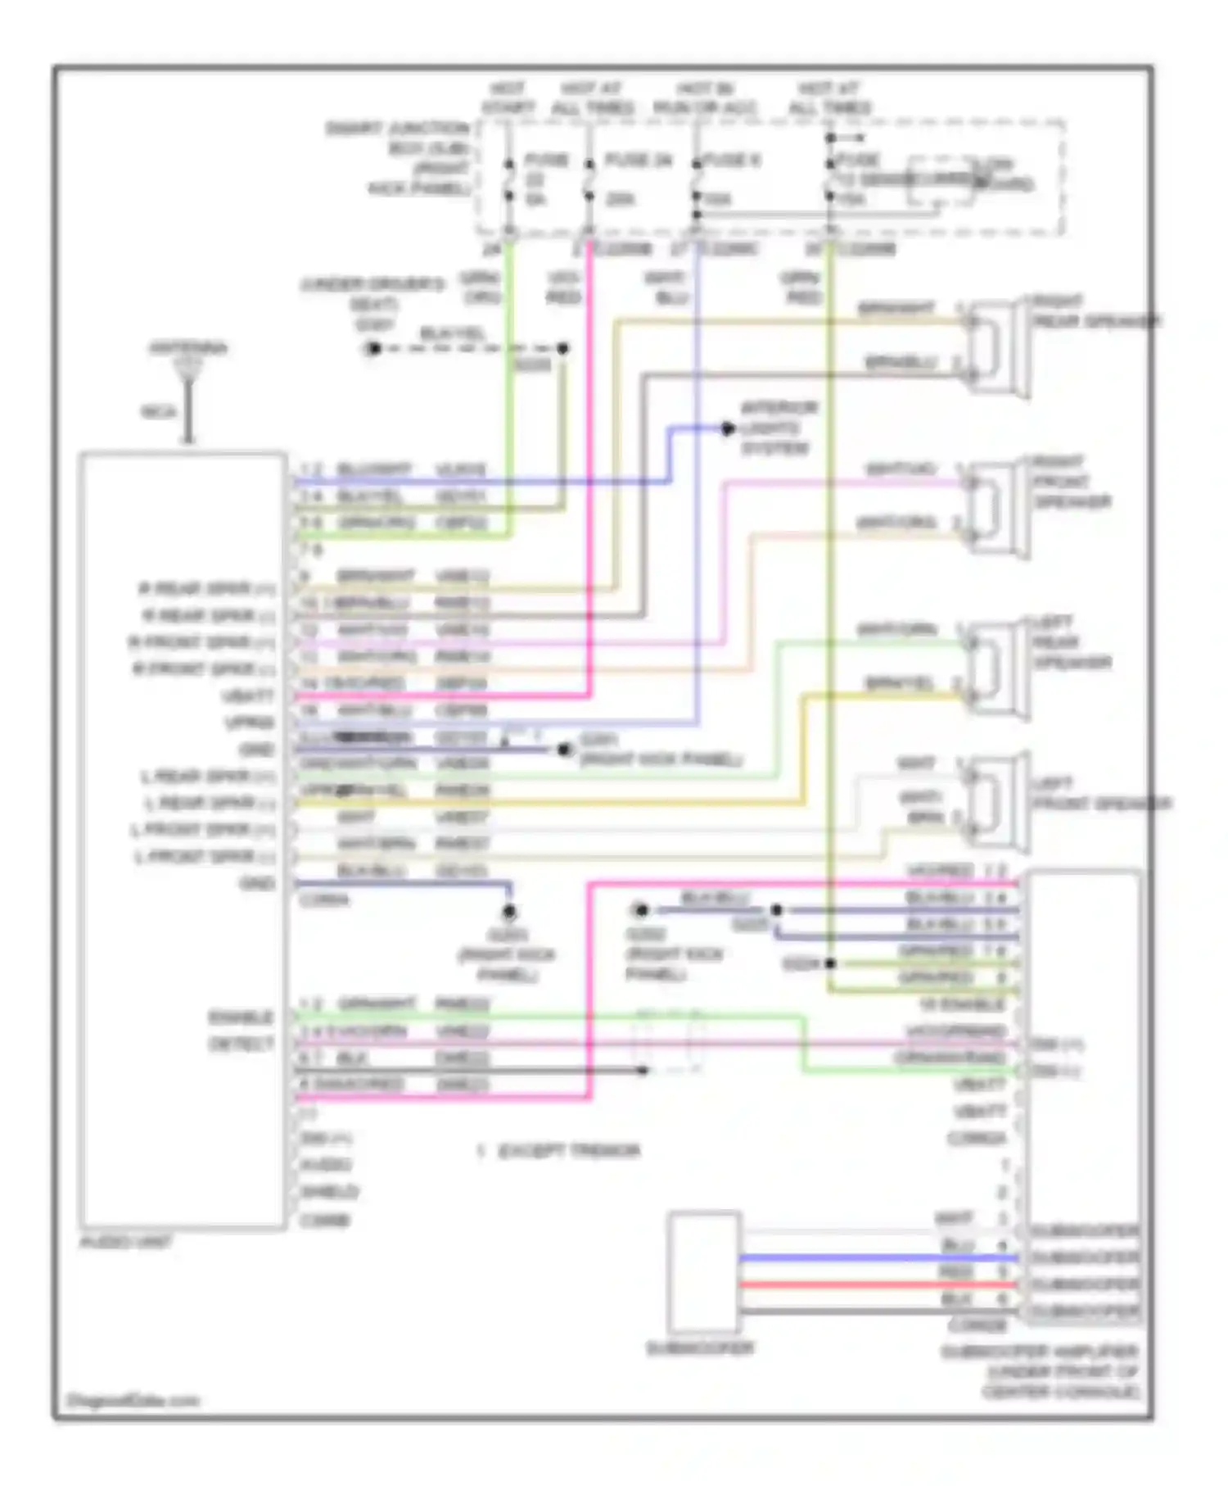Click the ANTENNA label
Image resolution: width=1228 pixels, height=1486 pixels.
click(188, 348)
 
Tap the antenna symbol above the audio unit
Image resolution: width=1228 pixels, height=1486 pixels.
click(188, 373)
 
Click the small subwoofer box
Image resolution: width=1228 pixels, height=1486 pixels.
click(703, 1272)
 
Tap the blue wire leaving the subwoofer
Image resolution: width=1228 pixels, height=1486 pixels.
click(876, 1258)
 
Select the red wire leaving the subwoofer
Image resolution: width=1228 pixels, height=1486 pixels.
click(876, 1284)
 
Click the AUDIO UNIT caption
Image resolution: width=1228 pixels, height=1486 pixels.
click(125, 1243)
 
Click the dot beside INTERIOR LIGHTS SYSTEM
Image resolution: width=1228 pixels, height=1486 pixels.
click(727, 428)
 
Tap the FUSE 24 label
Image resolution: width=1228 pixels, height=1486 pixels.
click(638, 161)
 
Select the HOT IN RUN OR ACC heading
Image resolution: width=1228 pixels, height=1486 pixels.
click(705, 97)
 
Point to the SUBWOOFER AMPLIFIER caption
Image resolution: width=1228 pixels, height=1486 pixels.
click(1040, 1371)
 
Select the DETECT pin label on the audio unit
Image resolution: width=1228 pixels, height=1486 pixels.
click(241, 1044)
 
